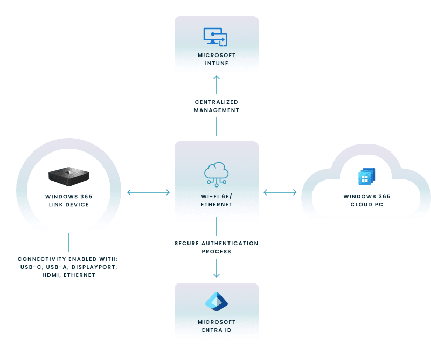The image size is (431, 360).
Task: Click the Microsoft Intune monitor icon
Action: pos(215,36)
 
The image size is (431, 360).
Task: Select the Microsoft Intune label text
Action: pos(217,59)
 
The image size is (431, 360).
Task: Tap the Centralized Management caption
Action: pos(217,106)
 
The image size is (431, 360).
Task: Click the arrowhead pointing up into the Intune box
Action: pos(217,79)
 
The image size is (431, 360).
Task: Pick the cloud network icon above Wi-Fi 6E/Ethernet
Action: pos(217,173)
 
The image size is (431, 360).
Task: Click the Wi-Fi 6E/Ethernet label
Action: pos(217,200)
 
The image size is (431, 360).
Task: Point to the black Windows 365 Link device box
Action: pos(68,174)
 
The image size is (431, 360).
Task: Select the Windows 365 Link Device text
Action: pos(68,200)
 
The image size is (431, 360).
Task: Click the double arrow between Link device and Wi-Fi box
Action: pos(148,192)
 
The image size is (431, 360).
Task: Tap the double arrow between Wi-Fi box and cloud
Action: pos(280,192)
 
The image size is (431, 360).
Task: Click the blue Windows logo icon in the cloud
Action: pos(366,177)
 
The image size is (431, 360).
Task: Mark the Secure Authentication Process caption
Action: pos(217,247)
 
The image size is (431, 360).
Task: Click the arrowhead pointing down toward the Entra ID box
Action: pos(217,275)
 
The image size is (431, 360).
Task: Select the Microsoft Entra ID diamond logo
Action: pos(217,301)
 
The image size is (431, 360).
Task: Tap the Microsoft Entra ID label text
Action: pos(217,326)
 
